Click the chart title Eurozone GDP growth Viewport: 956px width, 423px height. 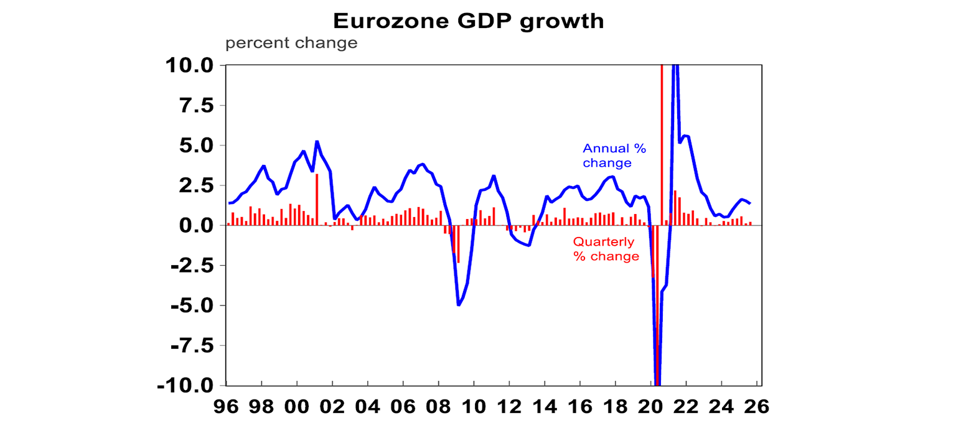click(469, 21)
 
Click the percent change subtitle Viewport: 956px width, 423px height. click(291, 44)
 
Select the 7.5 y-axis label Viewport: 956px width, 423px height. click(195, 106)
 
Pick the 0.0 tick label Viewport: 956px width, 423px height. click(195, 226)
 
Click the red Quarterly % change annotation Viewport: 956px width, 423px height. click(606, 249)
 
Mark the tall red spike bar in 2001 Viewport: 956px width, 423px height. click(317, 199)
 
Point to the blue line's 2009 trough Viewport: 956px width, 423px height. click(459, 304)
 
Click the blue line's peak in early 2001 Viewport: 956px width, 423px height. click(317, 142)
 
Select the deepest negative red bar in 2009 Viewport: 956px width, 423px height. click(459, 244)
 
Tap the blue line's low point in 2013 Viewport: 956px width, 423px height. click(529, 245)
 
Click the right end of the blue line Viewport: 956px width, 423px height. click(750, 203)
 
